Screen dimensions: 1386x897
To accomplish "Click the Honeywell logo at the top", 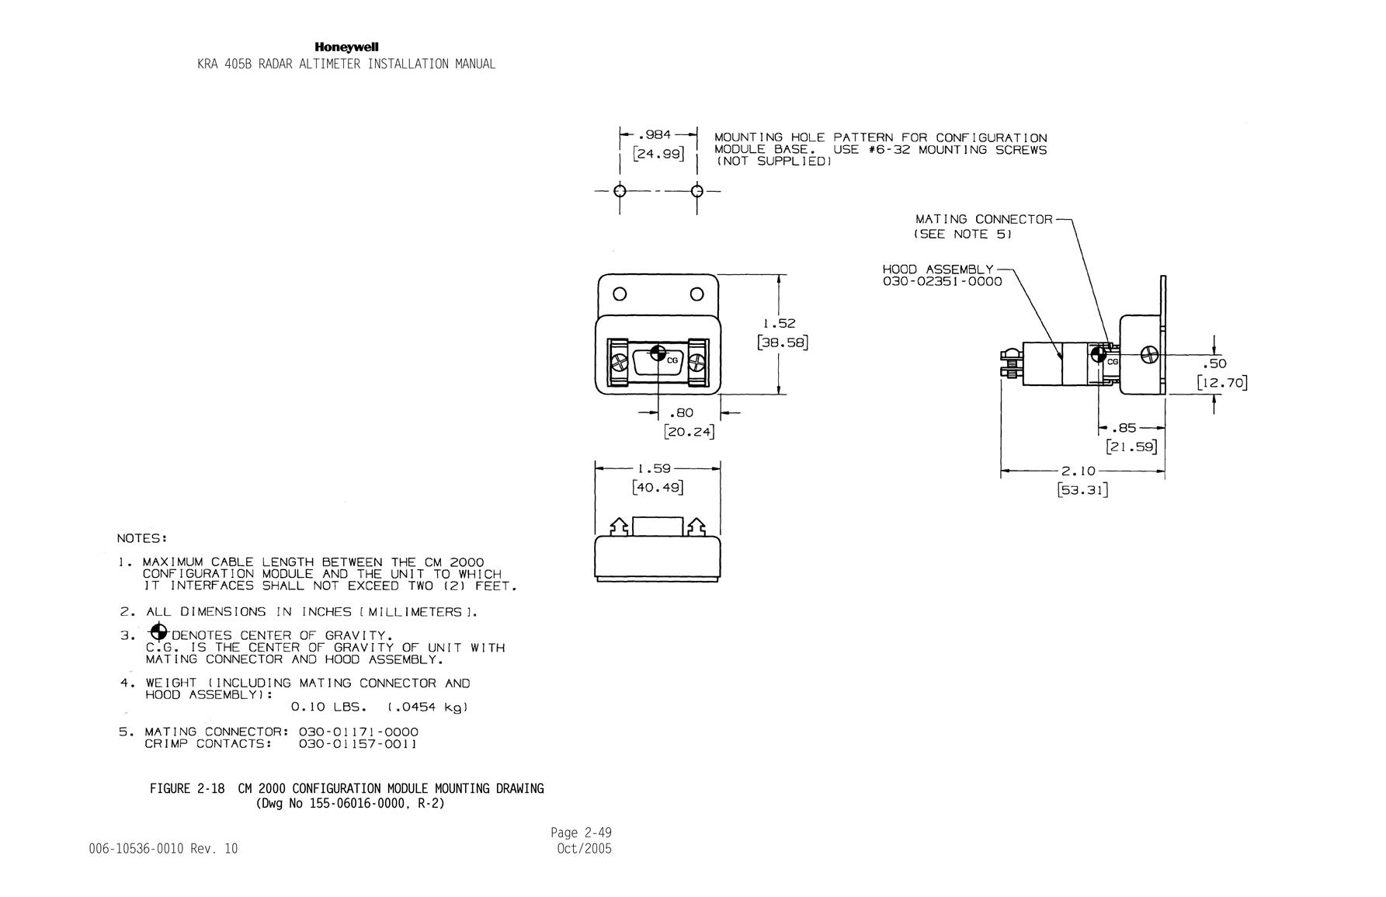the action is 346,47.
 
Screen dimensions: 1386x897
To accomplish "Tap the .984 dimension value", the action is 657,134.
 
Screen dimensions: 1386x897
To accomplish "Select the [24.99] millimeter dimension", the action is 658,154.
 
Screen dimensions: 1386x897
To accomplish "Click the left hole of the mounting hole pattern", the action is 620,191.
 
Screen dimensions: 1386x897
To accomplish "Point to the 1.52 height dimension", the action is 780,323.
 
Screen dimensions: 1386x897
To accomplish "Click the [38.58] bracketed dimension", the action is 783,342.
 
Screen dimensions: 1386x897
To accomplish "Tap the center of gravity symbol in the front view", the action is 658,353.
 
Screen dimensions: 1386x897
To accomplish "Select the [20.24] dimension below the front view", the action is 688,431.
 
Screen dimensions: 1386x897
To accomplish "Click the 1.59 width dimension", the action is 654,469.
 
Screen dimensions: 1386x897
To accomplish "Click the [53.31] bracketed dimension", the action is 1082,490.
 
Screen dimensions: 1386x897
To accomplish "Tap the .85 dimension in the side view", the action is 1123,428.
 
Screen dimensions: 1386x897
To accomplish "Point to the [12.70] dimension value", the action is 1222,383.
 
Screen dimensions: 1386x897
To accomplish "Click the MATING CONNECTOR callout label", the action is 984,220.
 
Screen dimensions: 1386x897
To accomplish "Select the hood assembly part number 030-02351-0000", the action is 943,282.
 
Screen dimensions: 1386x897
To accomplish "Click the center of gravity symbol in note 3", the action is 158,631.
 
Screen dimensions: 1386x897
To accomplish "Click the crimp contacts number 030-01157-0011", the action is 358,744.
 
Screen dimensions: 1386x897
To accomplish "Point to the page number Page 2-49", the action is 582,833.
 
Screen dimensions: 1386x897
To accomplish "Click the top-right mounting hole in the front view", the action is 697,294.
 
